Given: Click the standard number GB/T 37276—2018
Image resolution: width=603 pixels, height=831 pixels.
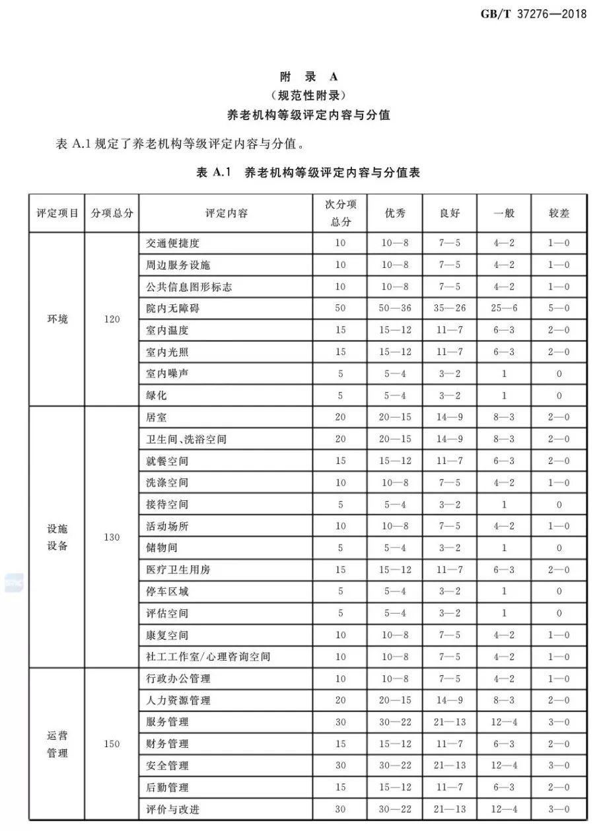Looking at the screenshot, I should pyautogui.click(x=534, y=14).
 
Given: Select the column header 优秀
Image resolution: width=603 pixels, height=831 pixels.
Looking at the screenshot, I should pyautogui.click(x=395, y=213).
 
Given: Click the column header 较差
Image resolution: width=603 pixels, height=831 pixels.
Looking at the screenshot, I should pyautogui.click(x=559, y=213).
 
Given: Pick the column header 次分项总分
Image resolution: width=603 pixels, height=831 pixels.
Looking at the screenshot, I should pyautogui.click(x=341, y=213).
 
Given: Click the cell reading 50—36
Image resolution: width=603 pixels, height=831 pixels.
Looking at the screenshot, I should pyautogui.click(x=395, y=308).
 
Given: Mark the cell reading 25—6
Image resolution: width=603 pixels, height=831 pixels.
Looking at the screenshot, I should pyautogui.click(x=505, y=308).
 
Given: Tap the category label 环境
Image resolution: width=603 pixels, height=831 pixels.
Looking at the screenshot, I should pyautogui.click(x=57, y=319).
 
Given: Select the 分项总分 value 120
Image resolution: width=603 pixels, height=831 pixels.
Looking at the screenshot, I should pyautogui.click(x=112, y=319).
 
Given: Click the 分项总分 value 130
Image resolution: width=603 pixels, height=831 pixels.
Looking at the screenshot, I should pyautogui.click(x=112, y=537).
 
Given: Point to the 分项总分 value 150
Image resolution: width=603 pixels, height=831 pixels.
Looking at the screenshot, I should pyautogui.click(x=112, y=744).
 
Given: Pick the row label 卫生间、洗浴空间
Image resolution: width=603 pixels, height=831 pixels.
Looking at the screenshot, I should pyautogui.click(x=186, y=439).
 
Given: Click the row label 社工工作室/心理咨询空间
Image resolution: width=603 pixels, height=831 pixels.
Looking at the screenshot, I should pyautogui.click(x=207, y=657).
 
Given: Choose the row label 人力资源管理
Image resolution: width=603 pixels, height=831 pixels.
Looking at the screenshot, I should pyautogui.click(x=178, y=700).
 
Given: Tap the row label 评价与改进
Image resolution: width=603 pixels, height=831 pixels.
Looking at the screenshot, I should pyautogui.click(x=172, y=809).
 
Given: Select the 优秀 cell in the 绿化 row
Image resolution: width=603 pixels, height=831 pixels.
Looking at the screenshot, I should pyautogui.click(x=395, y=396).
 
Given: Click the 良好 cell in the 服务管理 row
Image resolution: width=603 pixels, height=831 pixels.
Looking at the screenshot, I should pyautogui.click(x=450, y=722).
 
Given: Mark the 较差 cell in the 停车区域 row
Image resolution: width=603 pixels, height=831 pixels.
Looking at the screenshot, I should pyautogui.click(x=559, y=591).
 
